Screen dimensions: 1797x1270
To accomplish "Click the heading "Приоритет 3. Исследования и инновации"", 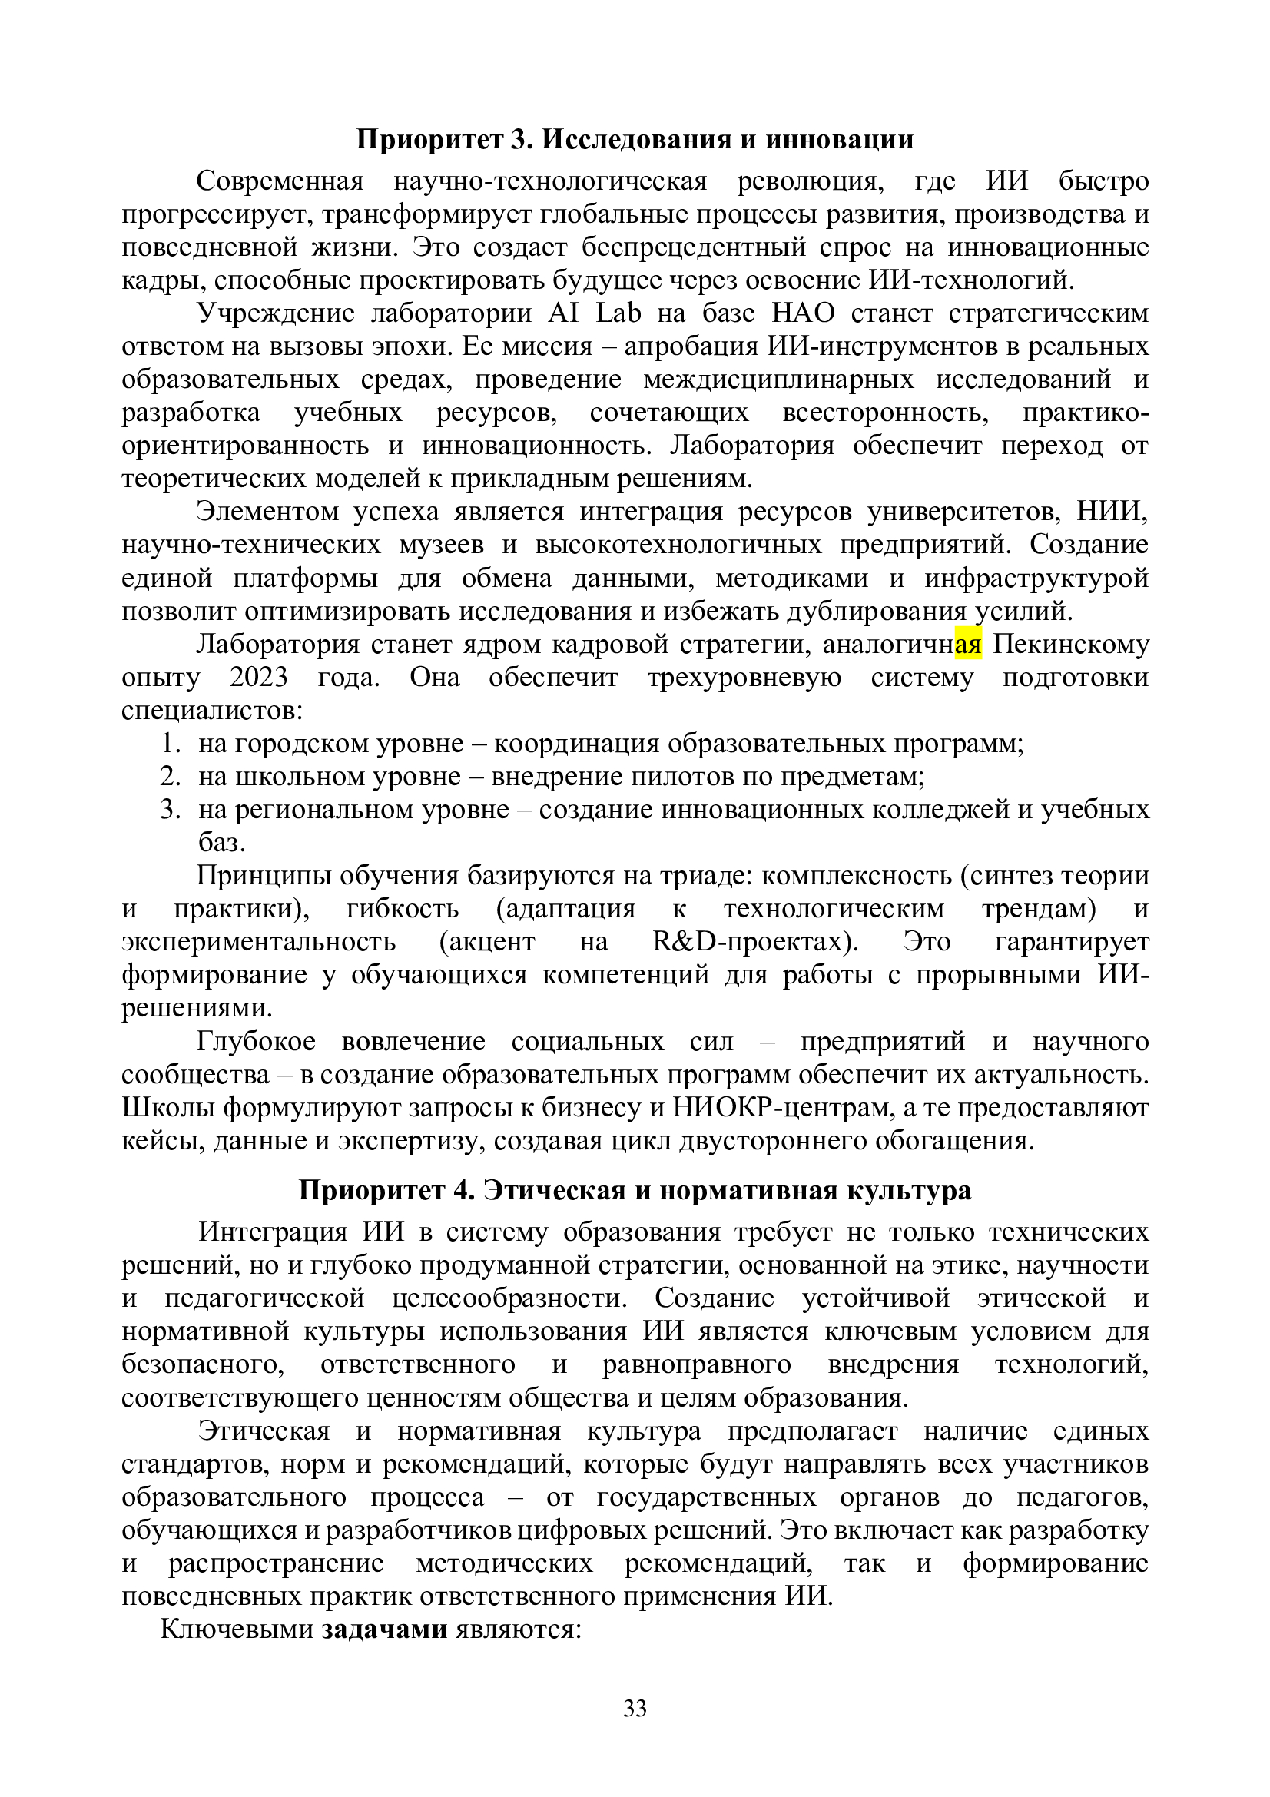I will [x=635, y=139].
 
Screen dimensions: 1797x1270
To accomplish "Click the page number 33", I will [x=635, y=1708].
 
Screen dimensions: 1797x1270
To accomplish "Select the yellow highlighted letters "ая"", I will [x=968, y=645].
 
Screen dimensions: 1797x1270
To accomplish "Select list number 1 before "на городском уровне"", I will [x=171, y=744].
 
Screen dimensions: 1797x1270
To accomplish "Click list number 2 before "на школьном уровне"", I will [x=171, y=777].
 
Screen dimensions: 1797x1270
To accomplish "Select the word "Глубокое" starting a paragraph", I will [x=256, y=1042].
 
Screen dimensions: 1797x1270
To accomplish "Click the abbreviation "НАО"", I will [x=803, y=313].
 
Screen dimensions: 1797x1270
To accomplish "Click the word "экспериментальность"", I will [x=258, y=941].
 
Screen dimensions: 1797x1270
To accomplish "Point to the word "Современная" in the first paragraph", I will [x=280, y=181].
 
